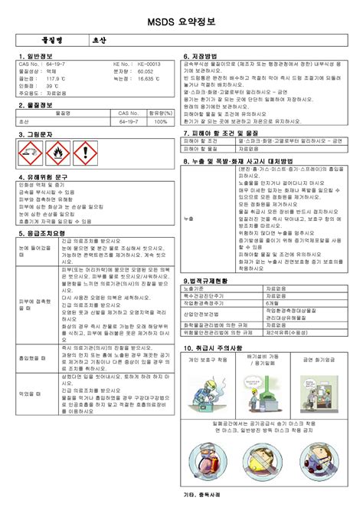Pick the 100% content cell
tap(159, 121)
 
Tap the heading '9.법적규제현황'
tap(206, 282)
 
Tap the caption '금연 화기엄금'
tap(319, 359)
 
